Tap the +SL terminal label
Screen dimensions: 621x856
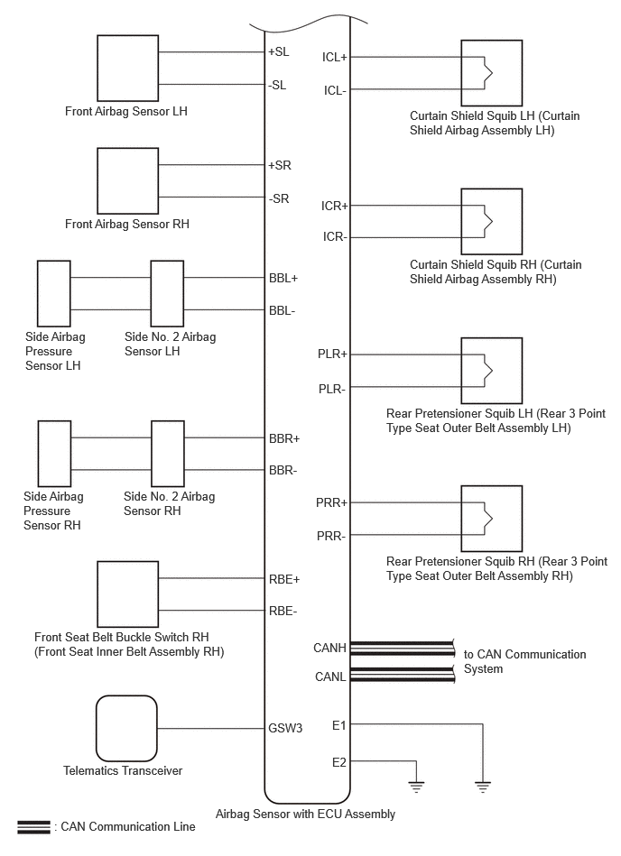tap(279, 51)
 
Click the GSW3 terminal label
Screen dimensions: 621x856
tap(285, 728)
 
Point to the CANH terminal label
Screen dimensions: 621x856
tap(329, 648)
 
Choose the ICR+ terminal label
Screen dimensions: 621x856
tap(334, 206)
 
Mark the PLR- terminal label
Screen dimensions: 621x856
tap(332, 390)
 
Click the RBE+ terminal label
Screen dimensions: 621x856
tap(284, 579)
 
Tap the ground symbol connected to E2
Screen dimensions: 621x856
tap(416, 787)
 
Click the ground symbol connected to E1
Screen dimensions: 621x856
tap(483, 787)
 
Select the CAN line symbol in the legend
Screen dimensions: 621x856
tap(34, 827)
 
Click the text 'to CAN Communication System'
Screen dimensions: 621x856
tap(525, 661)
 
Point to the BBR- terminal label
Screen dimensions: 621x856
tap(283, 471)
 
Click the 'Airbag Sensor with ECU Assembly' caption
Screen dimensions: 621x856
tap(305, 814)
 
